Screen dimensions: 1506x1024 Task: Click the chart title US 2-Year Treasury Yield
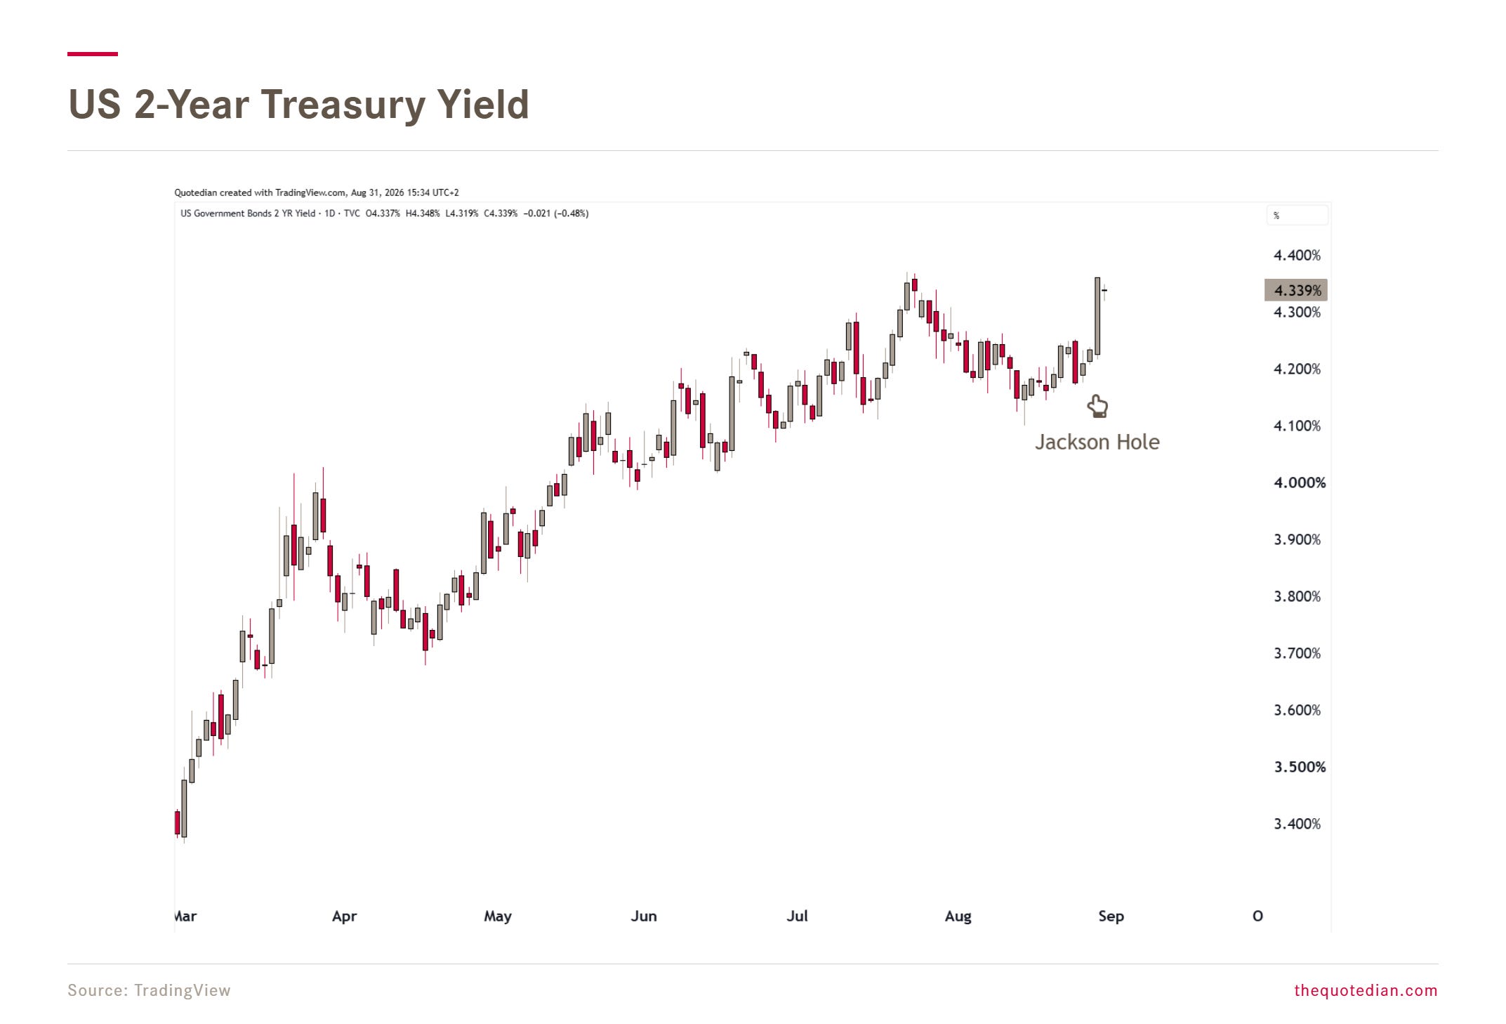coord(298,105)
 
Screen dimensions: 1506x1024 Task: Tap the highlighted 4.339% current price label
coord(1296,290)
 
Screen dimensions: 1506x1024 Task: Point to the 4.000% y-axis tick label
coord(1300,483)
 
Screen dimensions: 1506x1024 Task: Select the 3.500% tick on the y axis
coord(1300,767)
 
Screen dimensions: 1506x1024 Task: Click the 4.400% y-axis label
coord(1297,256)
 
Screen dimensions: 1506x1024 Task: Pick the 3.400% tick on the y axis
coord(1297,824)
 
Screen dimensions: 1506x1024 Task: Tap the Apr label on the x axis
coord(344,917)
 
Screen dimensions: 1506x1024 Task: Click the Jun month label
coord(644,916)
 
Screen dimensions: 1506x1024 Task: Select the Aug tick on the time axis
coord(958,917)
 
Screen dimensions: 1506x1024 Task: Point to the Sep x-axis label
coord(1111,917)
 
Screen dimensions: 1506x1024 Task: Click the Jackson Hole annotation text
coord(1097,442)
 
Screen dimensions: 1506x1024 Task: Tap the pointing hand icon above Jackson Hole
coord(1097,406)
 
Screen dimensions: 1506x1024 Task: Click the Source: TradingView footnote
coord(149,990)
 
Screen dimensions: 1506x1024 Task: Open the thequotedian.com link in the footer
coord(1366,990)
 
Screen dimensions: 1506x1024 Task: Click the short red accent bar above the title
coord(93,53)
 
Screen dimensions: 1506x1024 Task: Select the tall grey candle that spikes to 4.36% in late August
coord(1097,316)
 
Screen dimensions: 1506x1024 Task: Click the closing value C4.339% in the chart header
coord(501,214)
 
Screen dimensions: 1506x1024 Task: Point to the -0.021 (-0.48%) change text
coord(556,214)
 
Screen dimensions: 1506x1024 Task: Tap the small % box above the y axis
coord(1297,216)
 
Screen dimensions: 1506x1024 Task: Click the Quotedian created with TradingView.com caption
coord(317,192)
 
